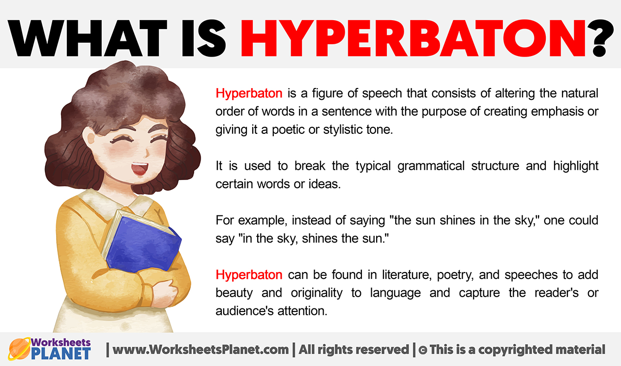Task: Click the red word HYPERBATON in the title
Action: (413, 38)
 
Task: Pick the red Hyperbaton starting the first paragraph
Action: (249, 93)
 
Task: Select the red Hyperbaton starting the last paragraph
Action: (249, 275)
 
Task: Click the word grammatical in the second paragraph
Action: (431, 166)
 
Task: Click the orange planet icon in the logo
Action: (19, 349)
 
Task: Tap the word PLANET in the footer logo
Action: (61, 354)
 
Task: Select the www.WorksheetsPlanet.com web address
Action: (201, 350)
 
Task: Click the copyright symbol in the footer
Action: (423, 350)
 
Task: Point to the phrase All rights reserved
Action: (354, 350)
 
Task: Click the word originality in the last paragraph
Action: (317, 293)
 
